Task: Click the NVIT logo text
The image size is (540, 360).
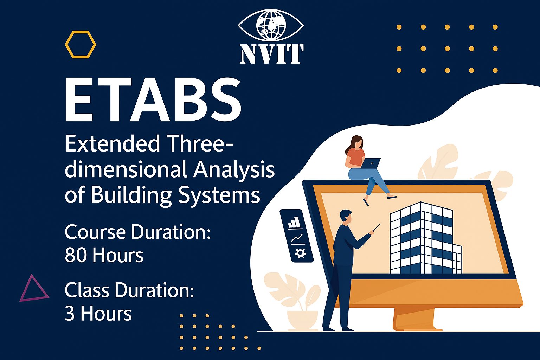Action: pos(271,54)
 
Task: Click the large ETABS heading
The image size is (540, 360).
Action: pos(153,100)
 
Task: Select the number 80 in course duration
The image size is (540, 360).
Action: pos(76,255)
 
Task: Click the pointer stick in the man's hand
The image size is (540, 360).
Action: pos(376,227)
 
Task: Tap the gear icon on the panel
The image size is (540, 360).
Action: pos(301,253)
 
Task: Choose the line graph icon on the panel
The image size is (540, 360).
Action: pos(297,238)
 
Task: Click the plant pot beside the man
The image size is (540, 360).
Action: pos(303,321)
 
